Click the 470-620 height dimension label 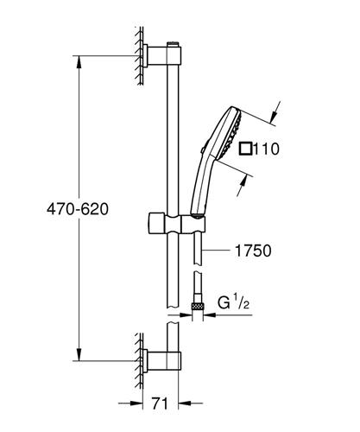click(x=78, y=208)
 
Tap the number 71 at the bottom click(x=160, y=403)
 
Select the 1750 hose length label click(x=253, y=251)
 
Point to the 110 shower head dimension click(x=267, y=149)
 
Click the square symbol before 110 click(x=245, y=149)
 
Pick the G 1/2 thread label click(x=233, y=302)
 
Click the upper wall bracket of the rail click(x=161, y=55)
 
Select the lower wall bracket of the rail click(x=161, y=360)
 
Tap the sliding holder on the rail click(x=177, y=223)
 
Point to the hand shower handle click(x=200, y=184)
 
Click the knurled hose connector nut click(x=197, y=307)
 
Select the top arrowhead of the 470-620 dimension click(x=79, y=62)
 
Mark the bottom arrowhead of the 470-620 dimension click(x=79, y=354)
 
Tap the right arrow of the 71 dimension click(x=191, y=403)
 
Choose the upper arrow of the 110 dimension click(x=275, y=111)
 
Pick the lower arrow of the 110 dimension click(x=242, y=187)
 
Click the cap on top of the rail click(x=173, y=44)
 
